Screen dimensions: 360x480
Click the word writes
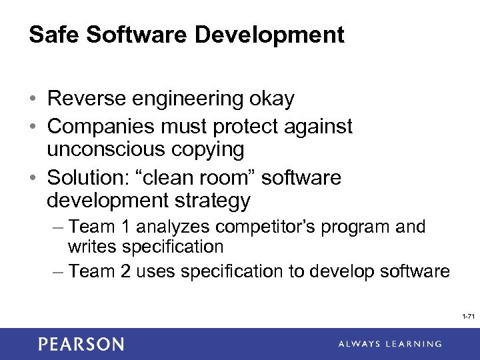tap(90, 247)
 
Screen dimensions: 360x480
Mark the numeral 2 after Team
tap(119, 271)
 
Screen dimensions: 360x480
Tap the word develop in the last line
tap(329, 271)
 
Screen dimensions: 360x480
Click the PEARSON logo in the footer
tap(81, 344)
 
